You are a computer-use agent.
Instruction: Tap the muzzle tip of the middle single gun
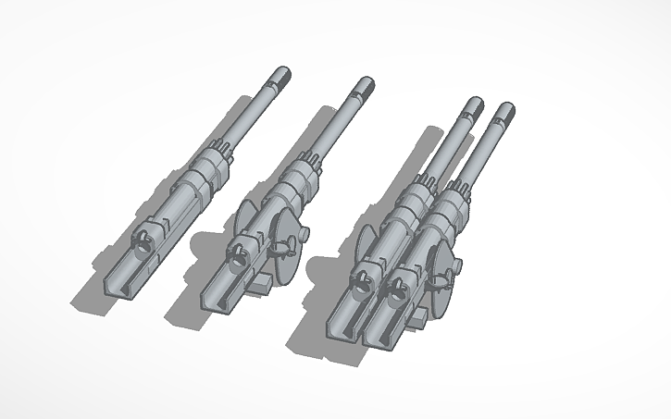click(367, 86)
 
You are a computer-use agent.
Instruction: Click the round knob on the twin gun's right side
click(456, 268)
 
